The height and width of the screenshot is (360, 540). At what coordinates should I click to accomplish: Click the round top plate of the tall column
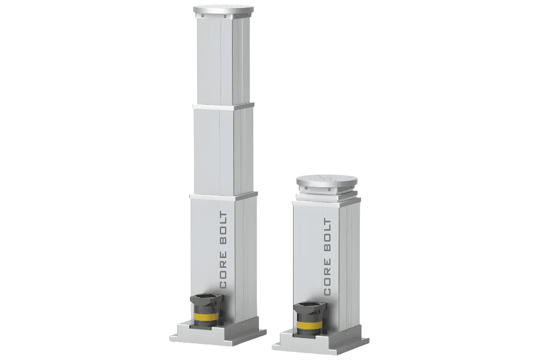click(223, 9)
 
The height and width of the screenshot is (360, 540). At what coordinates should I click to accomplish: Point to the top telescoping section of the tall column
click(223, 60)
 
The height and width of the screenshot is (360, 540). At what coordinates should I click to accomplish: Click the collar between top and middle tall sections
click(223, 106)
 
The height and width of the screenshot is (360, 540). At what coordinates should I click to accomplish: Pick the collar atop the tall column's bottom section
click(223, 196)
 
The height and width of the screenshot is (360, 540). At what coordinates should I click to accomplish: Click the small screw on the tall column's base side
click(243, 324)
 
